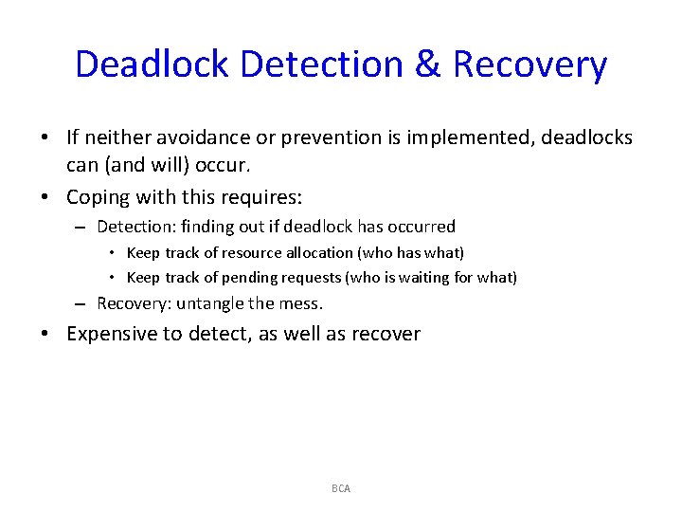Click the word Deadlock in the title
(152, 64)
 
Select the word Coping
(96, 197)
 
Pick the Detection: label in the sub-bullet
(135, 227)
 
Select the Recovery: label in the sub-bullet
(133, 303)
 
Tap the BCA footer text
(341, 488)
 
